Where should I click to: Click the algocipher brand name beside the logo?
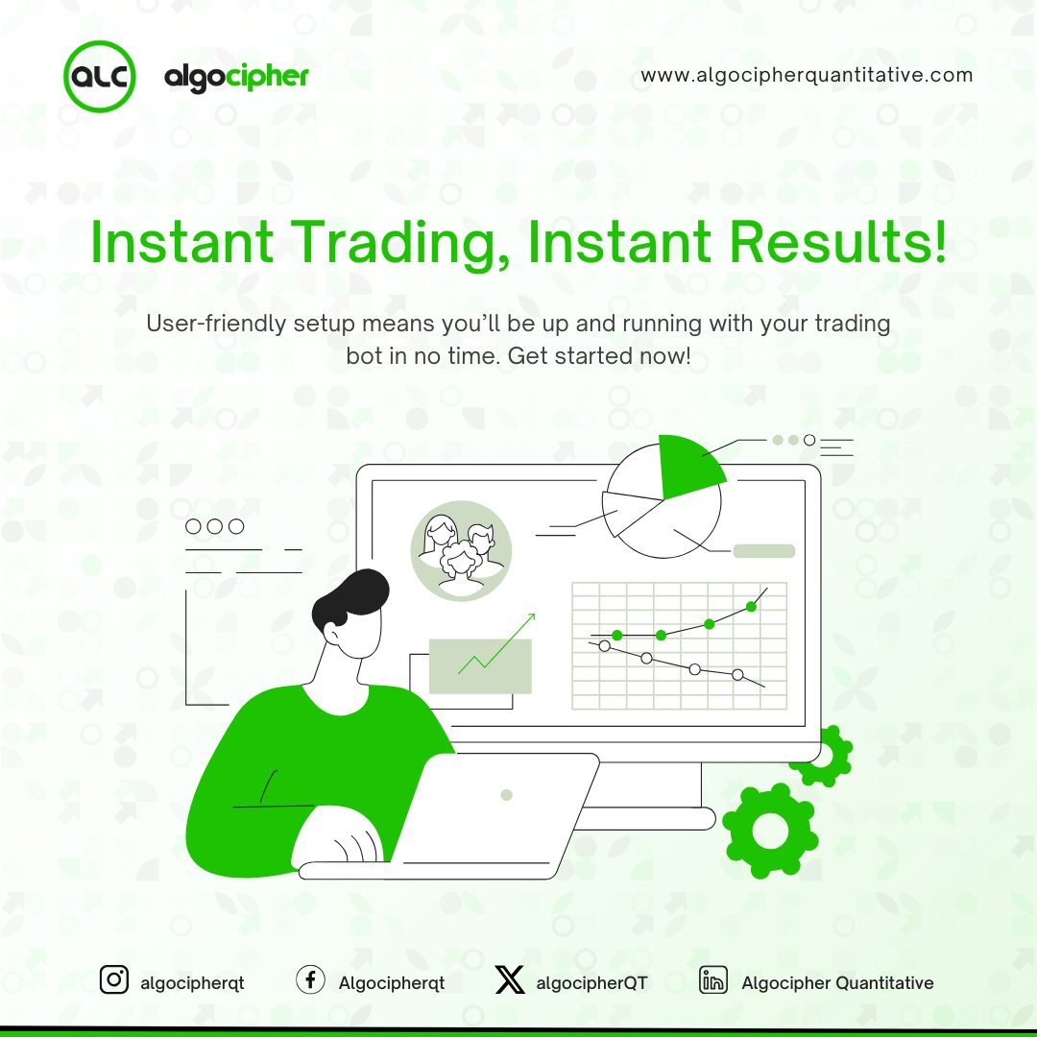[x=236, y=76]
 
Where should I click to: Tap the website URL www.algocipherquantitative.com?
[x=807, y=75]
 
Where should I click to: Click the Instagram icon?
[x=114, y=980]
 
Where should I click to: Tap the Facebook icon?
[x=309, y=981]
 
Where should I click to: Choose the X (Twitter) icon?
[x=510, y=981]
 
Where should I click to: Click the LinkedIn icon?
[x=712, y=981]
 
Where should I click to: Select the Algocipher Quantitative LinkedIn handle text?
[x=837, y=982]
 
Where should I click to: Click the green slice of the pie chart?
[x=688, y=465]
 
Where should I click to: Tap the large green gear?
[x=769, y=832]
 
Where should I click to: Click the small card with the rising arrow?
[x=480, y=665]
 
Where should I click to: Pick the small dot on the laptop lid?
[x=507, y=795]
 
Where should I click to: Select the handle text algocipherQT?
[x=592, y=982]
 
